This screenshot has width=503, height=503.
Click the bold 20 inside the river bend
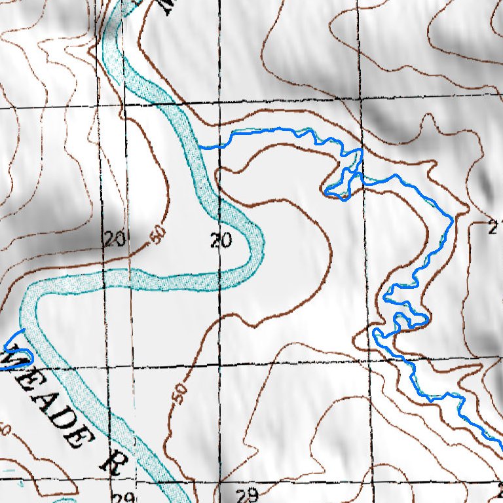pos(221,241)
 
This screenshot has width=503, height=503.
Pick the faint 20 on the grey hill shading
pos(114,240)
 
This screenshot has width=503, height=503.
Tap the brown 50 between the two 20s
pos(157,236)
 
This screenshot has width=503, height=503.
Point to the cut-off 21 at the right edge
pos(496,227)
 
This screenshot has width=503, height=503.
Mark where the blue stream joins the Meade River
pos(200,147)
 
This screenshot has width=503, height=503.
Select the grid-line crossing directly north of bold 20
pos(219,104)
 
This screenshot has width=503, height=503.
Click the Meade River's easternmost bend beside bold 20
pos(262,242)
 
